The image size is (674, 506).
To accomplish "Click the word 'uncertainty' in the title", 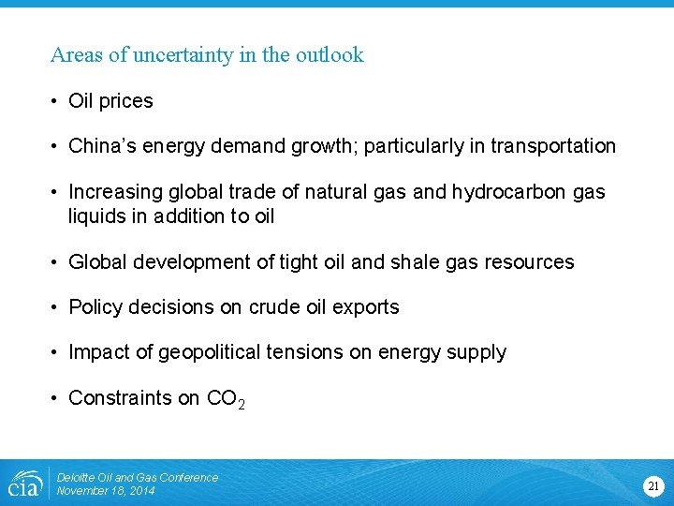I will coord(171,55).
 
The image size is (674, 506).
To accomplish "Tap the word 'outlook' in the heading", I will coord(330,55).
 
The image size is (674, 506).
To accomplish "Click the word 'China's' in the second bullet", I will coord(101,146).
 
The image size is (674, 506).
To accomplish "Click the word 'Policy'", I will coord(95,307).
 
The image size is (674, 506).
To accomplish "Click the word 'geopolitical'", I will coord(210,353).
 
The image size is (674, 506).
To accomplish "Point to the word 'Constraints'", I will coord(120,398).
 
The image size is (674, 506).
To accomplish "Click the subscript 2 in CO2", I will coord(242,405).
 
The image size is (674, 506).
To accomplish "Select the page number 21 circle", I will coord(652,485).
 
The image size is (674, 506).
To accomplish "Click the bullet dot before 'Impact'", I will coord(57,353).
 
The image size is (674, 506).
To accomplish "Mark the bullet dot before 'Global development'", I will coord(57,262).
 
